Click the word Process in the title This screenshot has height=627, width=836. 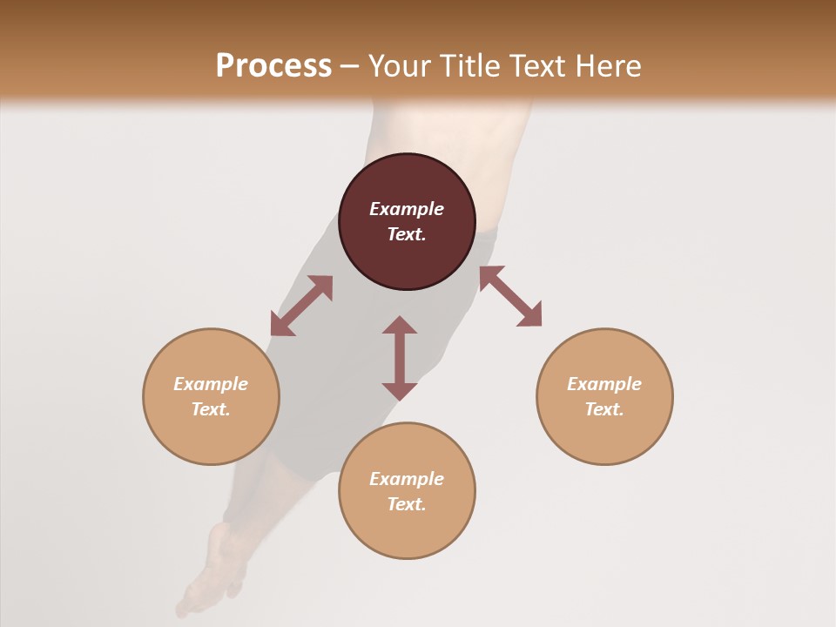pos(273,66)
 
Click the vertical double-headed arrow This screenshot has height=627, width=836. pos(400,358)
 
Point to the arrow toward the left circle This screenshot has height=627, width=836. pos(301,306)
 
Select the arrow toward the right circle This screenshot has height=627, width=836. pos(510,296)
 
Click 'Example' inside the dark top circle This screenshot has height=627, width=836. pos(407,209)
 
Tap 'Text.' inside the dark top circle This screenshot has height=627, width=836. pos(407,234)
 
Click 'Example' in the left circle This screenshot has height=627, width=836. pos(211,384)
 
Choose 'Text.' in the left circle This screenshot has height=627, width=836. pos(211,409)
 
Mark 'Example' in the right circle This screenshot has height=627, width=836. pos(604,384)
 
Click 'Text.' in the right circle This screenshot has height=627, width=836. pos(604,409)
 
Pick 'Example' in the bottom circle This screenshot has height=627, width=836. pos(407,479)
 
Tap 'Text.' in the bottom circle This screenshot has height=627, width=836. pos(407,504)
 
